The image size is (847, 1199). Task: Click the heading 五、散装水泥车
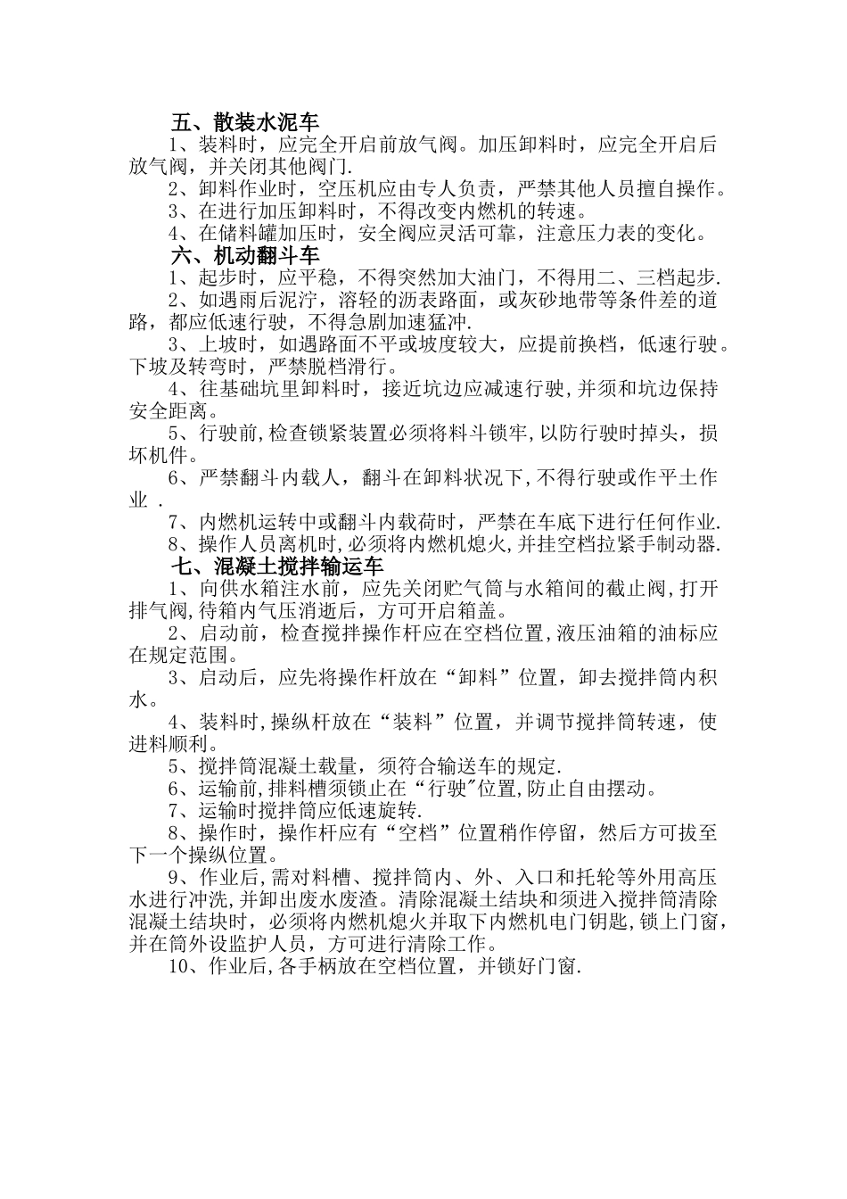tap(245, 122)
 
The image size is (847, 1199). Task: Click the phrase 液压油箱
tap(590, 633)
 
